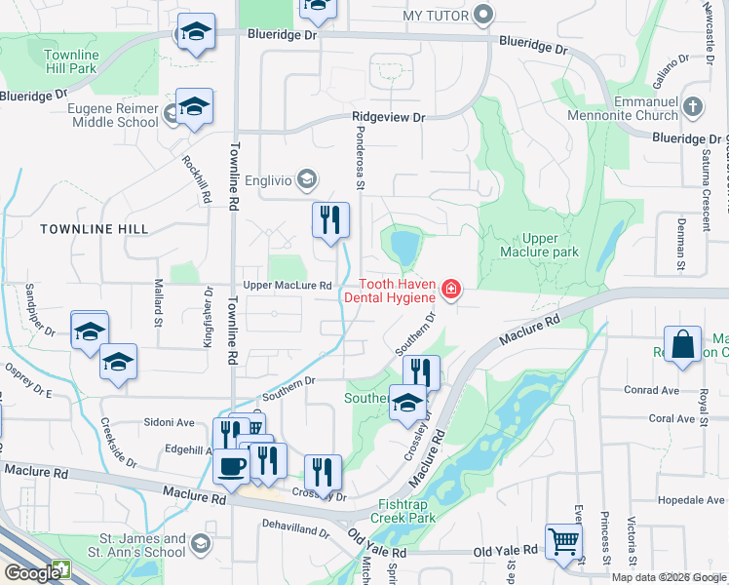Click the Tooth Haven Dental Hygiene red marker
[x=450, y=289]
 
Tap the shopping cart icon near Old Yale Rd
[x=563, y=541]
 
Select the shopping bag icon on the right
[x=683, y=344]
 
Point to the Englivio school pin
[x=307, y=178]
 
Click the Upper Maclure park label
[x=536, y=245]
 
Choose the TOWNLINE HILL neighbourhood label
[x=95, y=228]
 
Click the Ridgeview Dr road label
[x=390, y=117]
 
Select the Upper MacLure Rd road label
[x=288, y=286]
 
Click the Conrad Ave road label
[x=652, y=390]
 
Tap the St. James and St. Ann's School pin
[x=200, y=543]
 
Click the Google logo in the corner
[x=31, y=573]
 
